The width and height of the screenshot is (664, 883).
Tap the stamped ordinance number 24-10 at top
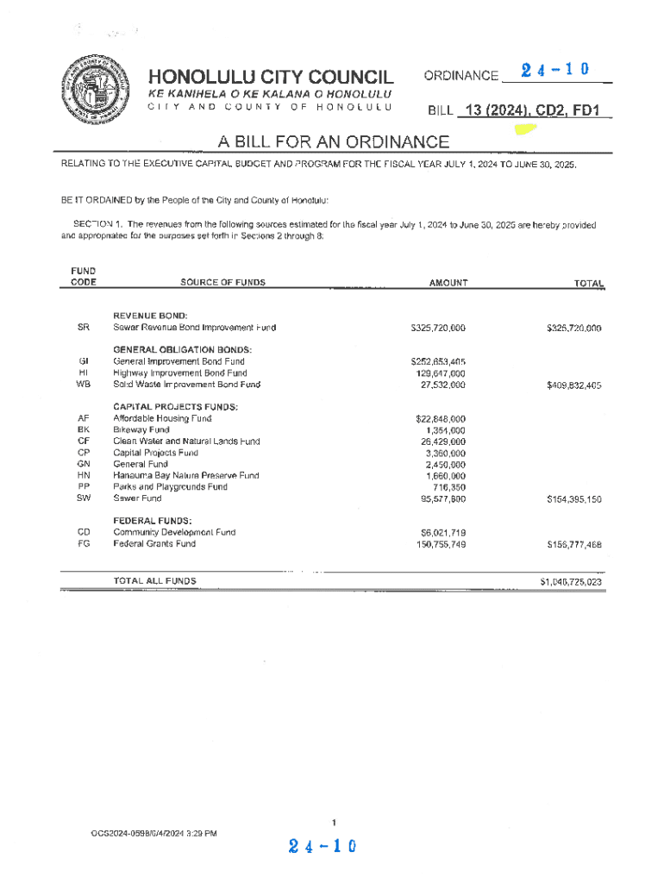[x=550, y=70]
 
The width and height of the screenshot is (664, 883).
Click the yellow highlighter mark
[x=524, y=130]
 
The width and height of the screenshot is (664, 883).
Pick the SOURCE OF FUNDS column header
[x=222, y=283]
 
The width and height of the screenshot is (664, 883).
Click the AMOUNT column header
[x=448, y=283]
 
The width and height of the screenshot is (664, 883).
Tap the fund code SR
[x=84, y=328]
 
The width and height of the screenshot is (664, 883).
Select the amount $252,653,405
[x=438, y=362]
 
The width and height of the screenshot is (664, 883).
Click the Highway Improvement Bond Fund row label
[x=180, y=373]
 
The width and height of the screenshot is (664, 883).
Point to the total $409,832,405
[x=573, y=385]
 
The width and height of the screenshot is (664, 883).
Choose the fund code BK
[x=84, y=429]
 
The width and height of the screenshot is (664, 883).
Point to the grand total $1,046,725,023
[x=570, y=582]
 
